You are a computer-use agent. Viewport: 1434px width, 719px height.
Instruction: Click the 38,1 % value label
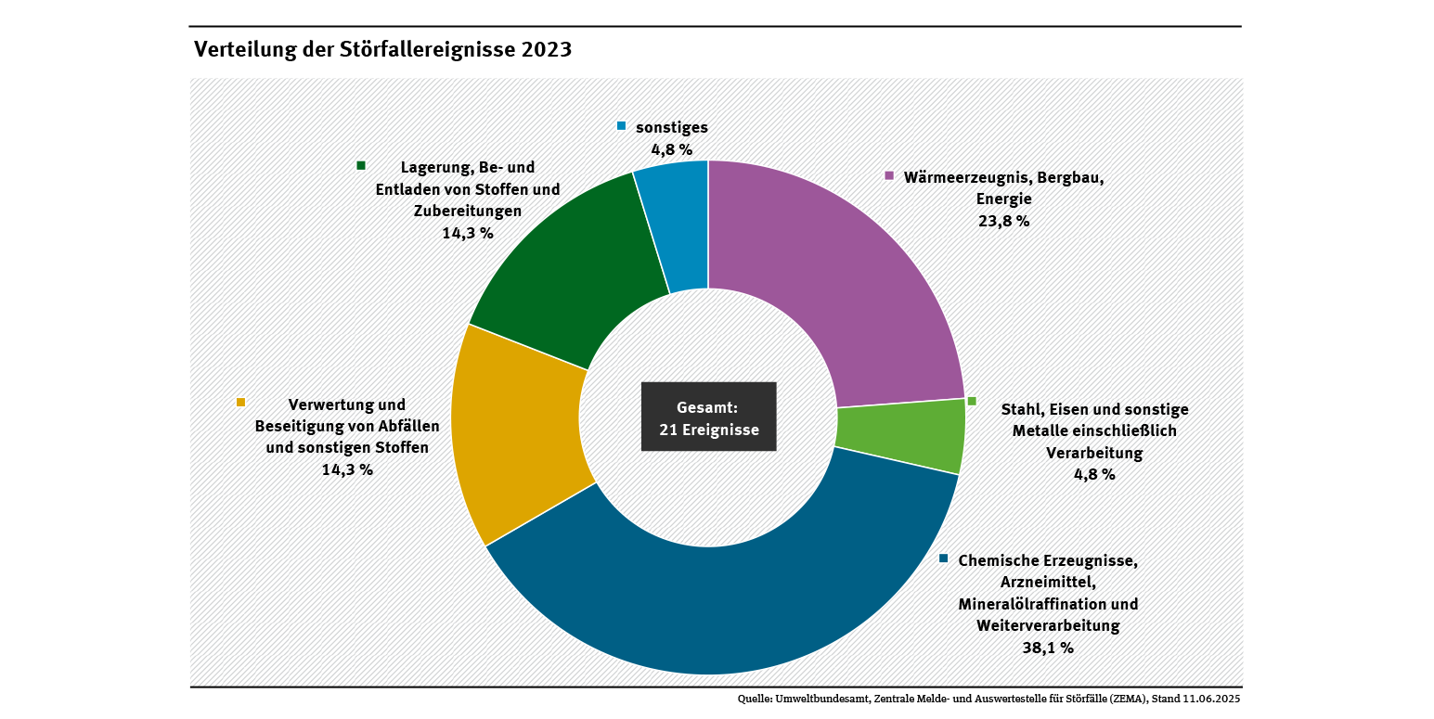(x=1048, y=648)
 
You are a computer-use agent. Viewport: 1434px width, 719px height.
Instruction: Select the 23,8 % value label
(x=1003, y=221)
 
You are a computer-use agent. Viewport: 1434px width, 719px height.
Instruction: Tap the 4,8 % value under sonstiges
(x=671, y=148)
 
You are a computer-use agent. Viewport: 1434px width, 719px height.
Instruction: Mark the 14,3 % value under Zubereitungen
(x=467, y=233)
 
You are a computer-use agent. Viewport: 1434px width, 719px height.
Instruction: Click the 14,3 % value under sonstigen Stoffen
(x=346, y=469)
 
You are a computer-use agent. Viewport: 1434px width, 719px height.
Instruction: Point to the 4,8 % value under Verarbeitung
(x=1094, y=474)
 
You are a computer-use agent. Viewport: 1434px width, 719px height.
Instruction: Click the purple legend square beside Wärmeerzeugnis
(x=888, y=175)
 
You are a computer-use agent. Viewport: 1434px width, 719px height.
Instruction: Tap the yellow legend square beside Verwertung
(x=241, y=403)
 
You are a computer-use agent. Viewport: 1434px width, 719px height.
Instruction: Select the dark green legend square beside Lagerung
(x=361, y=165)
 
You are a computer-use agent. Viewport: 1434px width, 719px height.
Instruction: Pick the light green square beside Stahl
(x=972, y=401)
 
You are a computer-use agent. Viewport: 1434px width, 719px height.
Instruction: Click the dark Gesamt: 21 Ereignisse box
(x=708, y=417)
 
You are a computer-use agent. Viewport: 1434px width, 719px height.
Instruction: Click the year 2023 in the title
(x=546, y=49)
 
